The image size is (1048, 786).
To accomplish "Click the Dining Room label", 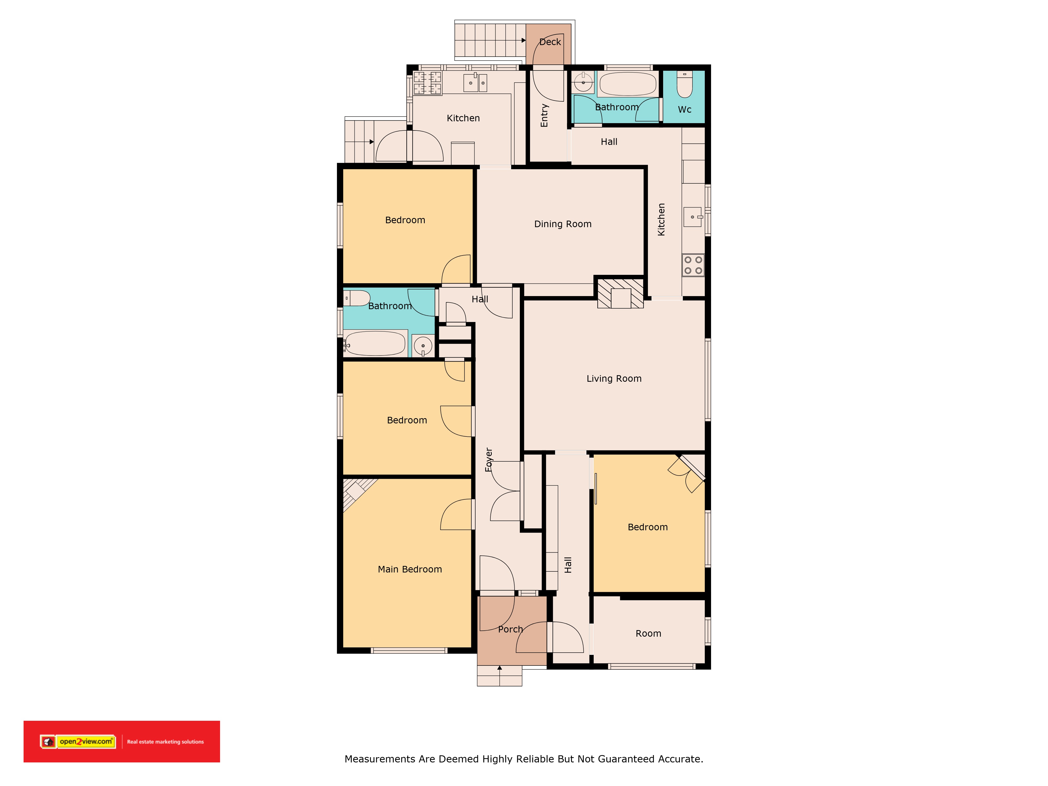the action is point(563,224).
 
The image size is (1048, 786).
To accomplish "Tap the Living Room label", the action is point(614,379).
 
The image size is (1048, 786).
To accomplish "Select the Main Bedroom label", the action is point(410,570).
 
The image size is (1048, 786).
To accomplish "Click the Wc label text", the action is point(685,110).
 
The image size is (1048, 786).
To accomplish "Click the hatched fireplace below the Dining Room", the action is point(620,293).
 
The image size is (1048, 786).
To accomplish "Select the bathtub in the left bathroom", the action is point(375,343).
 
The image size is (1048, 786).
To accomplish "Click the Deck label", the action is point(550,42).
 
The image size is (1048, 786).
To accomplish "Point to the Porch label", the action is point(510,629).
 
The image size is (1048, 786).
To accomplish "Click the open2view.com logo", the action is point(78,741).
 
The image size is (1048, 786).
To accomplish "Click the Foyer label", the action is point(489,460).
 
